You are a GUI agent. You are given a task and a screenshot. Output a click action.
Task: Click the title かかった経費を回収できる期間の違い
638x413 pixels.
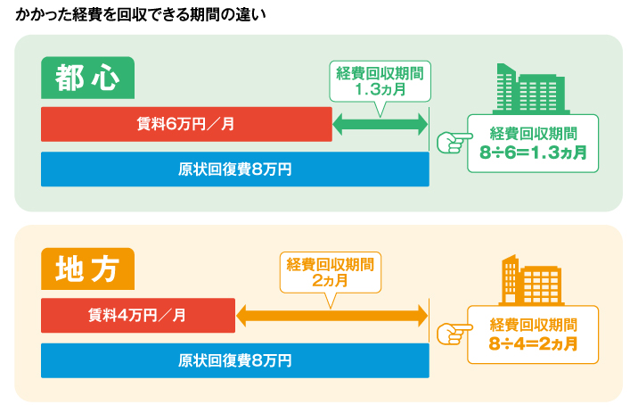(x=141, y=14)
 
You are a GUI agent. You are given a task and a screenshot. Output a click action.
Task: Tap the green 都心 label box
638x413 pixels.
(x=88, y=78)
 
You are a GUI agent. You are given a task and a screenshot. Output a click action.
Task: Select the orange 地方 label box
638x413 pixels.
(x=88, y=268)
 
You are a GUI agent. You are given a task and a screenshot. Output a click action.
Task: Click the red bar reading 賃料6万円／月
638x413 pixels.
(x=186, y=124)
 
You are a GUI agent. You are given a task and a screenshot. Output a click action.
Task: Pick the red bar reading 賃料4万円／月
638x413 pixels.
(x=138, y=315)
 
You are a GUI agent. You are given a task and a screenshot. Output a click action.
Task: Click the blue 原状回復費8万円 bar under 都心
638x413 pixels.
(x=235, y=169)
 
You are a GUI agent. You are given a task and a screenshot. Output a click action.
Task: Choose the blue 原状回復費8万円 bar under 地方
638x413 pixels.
(x=235, y=360)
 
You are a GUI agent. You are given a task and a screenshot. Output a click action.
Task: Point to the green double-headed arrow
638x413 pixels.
(x=380, y=124)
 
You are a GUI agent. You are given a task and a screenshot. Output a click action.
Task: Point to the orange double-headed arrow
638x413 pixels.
(x=332, y=316)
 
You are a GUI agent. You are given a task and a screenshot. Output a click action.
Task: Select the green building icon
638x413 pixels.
(x=530, y=89)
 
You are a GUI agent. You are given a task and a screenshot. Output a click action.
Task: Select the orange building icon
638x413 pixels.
(x=531, y=280)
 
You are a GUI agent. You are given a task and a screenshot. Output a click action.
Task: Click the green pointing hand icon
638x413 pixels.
(x=454, y=142)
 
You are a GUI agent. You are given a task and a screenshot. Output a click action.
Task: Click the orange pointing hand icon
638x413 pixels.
(x=454, y=334)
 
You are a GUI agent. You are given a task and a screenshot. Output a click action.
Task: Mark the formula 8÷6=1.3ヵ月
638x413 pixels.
(x=533, y=153)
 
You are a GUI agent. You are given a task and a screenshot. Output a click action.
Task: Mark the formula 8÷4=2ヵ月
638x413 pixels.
(x=533, y=344)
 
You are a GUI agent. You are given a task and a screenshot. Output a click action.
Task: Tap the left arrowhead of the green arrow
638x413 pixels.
(x=338, y=124)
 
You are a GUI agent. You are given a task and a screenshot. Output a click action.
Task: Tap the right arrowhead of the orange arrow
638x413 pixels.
(x=423, y=316)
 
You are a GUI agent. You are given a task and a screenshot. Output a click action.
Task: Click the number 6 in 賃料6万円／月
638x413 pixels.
(x=170, y=124)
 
